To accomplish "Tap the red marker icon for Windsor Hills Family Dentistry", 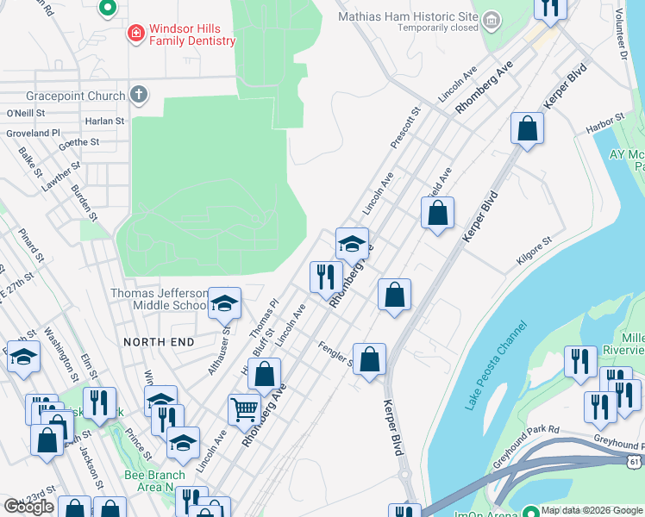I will [x=135, y=34].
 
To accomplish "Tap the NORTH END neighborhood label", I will [x=159, y=342].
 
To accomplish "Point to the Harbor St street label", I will [x=604, y=122].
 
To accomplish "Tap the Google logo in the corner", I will [x=28, y=507].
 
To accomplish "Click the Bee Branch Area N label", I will [x=155, y=481].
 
